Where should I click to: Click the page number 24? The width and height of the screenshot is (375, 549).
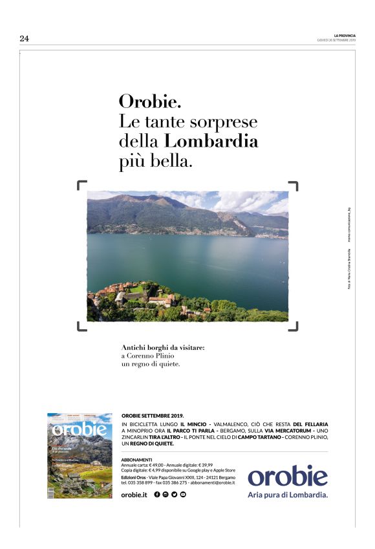(x=25, y=39)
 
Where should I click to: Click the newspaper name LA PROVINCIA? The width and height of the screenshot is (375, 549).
(x=345, y=36)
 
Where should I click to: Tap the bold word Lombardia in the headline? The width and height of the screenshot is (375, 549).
(x=211, y=142)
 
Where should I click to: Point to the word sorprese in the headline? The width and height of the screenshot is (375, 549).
(x=227, y=122)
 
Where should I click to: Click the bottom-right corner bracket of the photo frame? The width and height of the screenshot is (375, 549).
(x=294, y=327)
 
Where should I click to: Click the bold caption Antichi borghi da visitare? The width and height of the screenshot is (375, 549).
(x=163, y=347)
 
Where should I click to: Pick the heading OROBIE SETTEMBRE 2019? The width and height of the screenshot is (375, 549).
(x=153, y=416)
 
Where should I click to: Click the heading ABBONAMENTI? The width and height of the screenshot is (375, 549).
(x=136, y=459)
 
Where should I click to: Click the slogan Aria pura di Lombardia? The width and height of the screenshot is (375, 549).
(x=288, y=495)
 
